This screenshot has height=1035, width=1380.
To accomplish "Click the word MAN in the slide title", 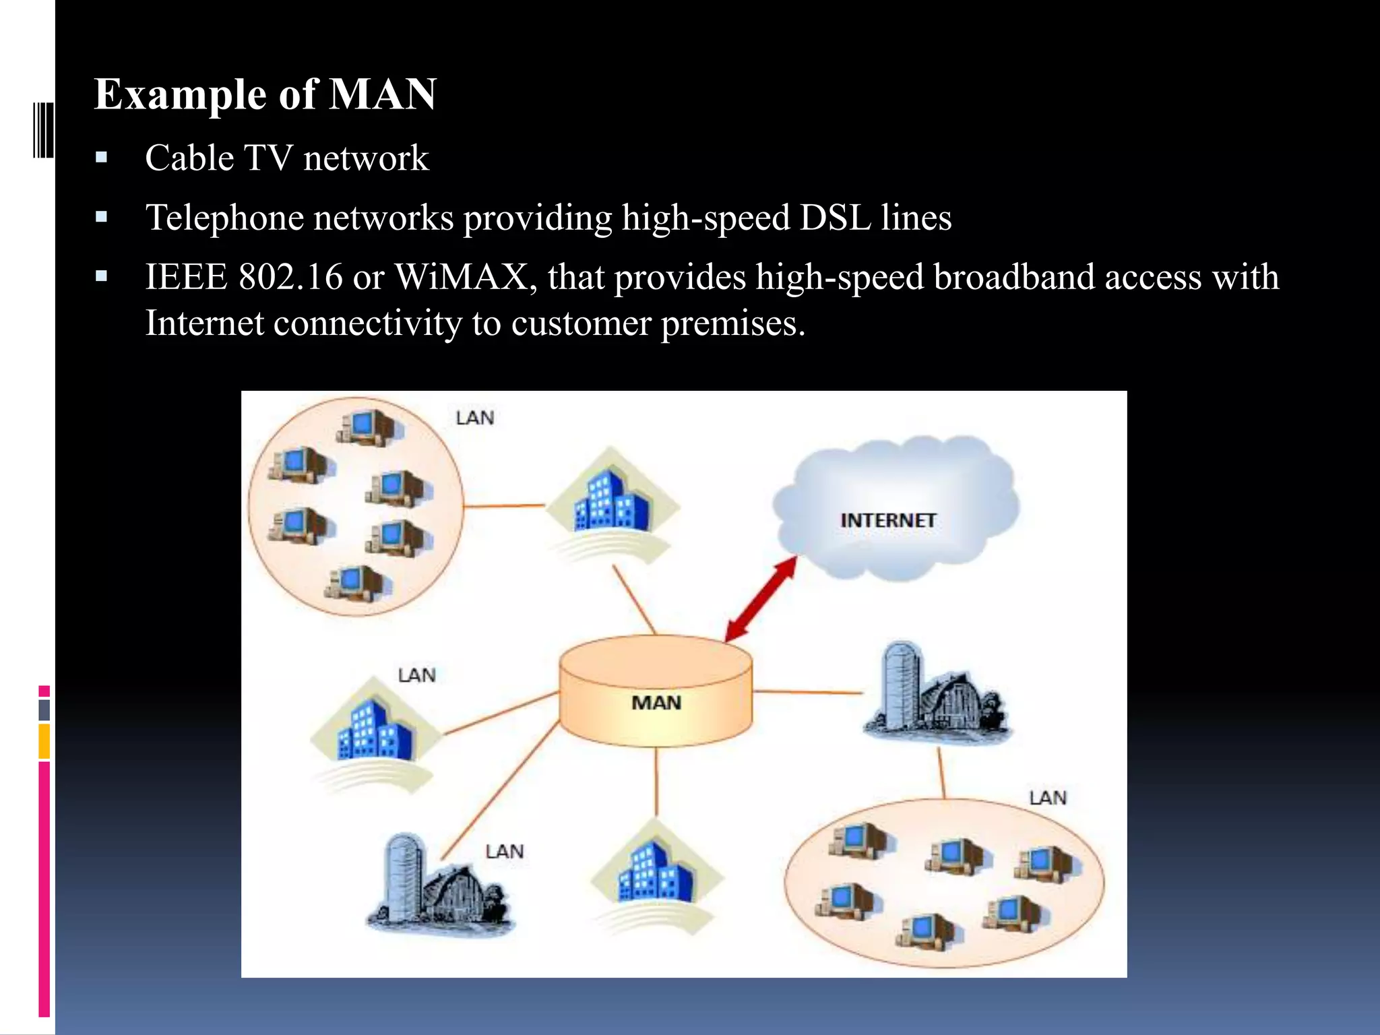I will coord(382,94).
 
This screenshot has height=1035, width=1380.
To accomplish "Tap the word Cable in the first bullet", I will coord(189,159).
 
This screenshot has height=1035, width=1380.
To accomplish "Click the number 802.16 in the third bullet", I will coord(290,278).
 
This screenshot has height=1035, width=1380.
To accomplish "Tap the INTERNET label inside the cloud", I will coord(888,520).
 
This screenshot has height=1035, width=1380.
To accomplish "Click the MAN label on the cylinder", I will coord(656,703).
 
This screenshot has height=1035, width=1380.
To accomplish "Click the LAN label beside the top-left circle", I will coord(475,418).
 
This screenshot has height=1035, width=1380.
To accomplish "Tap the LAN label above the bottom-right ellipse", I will coord(1048,798).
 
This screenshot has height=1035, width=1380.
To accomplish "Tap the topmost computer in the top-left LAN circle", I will coord(367,426).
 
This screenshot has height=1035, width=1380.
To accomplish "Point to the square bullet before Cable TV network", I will coord(102,159).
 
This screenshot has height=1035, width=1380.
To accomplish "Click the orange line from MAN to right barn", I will coord(807,692).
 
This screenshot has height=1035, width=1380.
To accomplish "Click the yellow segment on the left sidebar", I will coord(44,741).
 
